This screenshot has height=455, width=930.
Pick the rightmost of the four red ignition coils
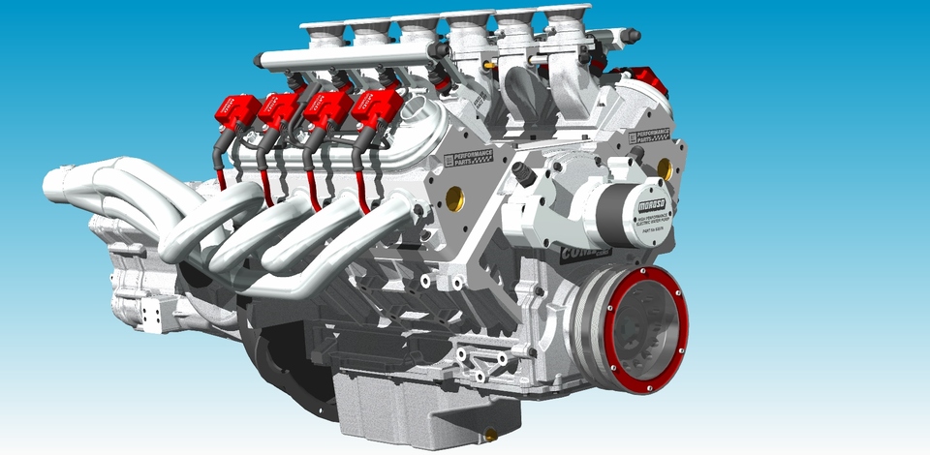click(378, 105)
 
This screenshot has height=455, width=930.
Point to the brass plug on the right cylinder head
click(665, 168)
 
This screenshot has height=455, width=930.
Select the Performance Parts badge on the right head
click(649, 135)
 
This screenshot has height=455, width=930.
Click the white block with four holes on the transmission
click(151, 312)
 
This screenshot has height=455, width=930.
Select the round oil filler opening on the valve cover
click(418, 108)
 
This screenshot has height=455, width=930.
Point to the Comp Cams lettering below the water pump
click(585, 254)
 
